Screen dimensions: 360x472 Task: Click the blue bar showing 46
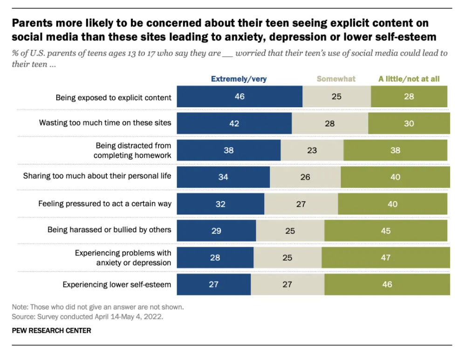point(239,97)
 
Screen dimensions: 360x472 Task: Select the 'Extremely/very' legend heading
point(239,79)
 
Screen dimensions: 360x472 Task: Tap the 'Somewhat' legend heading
point(336,79)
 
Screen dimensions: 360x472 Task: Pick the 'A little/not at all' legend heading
point(409,79)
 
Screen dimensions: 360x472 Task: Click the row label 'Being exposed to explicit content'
point(114,97)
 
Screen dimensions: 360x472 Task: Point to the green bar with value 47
point(385,257)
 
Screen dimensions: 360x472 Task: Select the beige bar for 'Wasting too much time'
point(330,124)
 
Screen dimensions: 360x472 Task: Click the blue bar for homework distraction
point(228,150)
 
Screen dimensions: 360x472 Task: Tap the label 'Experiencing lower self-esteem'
point(117,284)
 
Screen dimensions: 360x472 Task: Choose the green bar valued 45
point(385,230)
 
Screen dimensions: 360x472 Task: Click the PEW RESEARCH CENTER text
point(51,331)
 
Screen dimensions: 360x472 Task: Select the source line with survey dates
point(88,316)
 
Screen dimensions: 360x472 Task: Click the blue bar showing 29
point(216,230)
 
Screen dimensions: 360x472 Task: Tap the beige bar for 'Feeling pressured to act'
point(301,204)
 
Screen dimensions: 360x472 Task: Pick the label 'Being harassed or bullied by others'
point(109,229)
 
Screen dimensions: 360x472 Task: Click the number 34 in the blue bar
point(223,177)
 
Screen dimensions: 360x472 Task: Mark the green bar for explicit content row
point(409,97)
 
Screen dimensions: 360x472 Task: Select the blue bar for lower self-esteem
point(213,284)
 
